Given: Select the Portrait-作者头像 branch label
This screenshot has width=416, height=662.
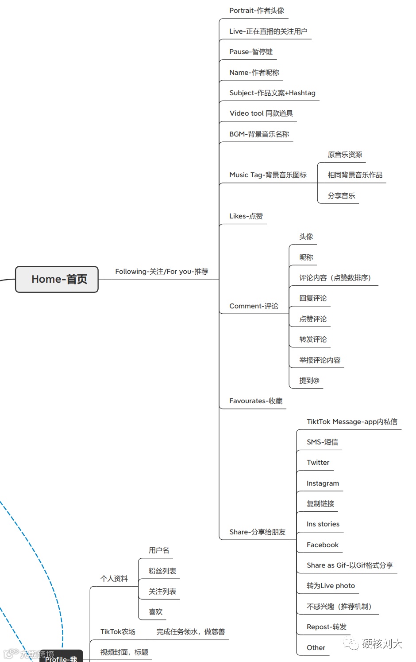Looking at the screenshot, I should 257,11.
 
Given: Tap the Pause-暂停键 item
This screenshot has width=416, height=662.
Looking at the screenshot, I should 251,52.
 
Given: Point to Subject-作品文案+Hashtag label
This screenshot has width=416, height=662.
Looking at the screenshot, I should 272,93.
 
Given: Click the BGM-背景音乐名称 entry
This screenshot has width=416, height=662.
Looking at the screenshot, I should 259,134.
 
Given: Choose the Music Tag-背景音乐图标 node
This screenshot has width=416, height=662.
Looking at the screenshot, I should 268,175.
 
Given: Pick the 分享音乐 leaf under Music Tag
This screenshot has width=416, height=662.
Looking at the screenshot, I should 341,196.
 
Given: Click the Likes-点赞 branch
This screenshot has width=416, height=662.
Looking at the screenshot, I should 246,216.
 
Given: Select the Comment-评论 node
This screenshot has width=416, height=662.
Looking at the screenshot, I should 254,306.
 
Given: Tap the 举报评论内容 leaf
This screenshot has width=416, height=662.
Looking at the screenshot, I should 320,360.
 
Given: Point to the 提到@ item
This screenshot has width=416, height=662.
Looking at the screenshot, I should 309,381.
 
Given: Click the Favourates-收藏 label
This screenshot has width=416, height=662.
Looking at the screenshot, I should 256,401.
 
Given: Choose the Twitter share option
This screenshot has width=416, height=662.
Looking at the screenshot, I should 318,463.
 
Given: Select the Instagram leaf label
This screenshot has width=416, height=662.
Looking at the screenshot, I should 323,483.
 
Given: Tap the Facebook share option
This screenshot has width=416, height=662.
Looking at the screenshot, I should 322,545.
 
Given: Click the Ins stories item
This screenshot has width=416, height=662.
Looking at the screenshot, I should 323,524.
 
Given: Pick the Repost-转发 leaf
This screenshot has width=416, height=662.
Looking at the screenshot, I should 326,627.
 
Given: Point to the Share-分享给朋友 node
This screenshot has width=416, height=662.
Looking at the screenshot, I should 257,532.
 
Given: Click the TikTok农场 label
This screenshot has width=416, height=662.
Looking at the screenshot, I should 118,632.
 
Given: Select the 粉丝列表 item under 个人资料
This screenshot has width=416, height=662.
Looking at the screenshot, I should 162,571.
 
